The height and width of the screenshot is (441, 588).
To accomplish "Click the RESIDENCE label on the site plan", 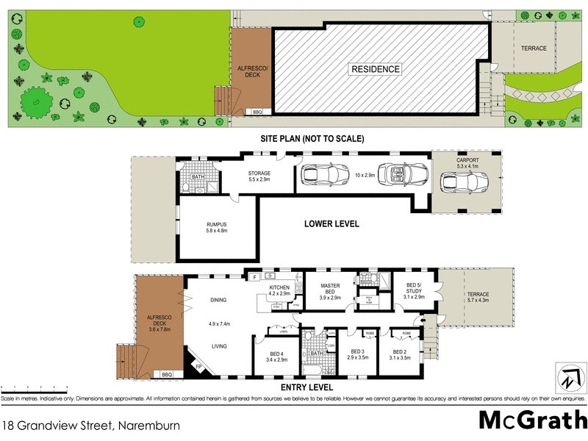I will coord(375,69).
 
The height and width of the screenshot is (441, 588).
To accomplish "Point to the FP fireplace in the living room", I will coord(198,366).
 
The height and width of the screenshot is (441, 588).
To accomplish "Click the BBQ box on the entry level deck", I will coord(166,374).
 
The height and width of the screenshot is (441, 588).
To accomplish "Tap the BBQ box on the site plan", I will coord(257,112).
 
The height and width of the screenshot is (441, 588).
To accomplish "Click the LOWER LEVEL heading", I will coord(331,223).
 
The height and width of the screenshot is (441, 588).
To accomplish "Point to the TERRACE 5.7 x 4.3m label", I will coord(478,297).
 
